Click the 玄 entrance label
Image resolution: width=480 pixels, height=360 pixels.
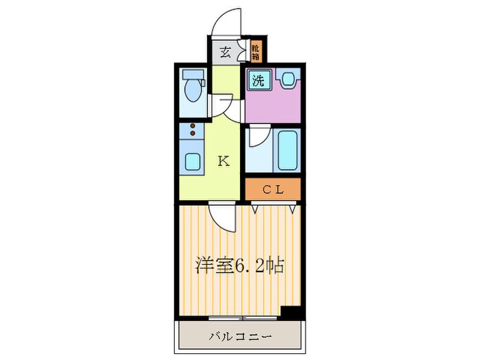pyautogui.click(x=224, y=51)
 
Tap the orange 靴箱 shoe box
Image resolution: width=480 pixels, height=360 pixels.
pyautogui.click(x=255, y=51)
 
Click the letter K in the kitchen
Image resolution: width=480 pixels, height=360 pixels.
pyautogui.click(x=223, y=161)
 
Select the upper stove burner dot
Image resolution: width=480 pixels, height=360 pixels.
pyautogui.click(x=193, y=126)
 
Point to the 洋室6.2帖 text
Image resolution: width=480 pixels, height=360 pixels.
pyautogui.click(x=240, y=264)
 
